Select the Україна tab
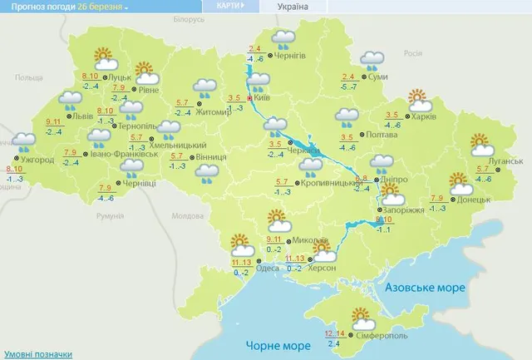coord(288,7)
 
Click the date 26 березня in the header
coord(103,7)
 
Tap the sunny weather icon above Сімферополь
coord(362,317)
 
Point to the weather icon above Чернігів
coord(284,37)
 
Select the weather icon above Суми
coord(372,61)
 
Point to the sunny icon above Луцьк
coord(103,58)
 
